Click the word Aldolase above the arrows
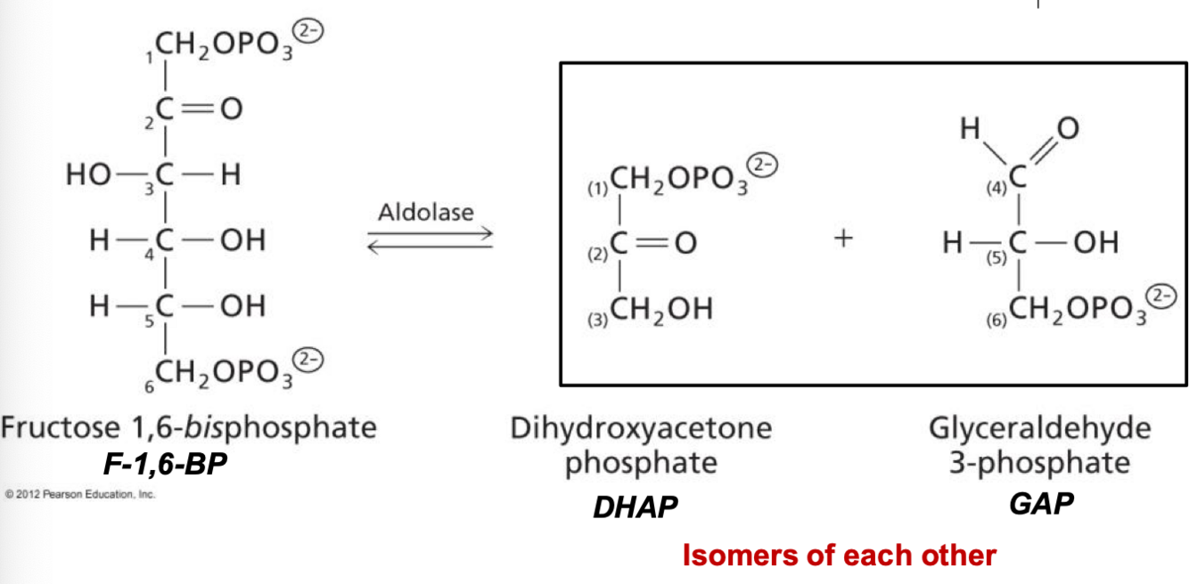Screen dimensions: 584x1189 [426, 213]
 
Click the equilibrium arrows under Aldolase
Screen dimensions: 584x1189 [430, 240]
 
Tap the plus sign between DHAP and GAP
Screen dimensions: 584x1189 [843, 238]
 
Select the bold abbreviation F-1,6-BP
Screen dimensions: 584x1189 [164, 463]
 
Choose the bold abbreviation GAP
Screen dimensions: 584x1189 [1041, 504]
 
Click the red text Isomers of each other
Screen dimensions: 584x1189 [839, 556]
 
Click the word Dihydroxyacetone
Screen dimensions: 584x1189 [641, 428]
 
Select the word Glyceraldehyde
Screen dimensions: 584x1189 [1040, 428]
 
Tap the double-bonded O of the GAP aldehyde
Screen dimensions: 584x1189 [1066, 130]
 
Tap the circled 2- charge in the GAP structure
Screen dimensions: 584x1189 [1165, 296]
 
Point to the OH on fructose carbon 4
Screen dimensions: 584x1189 [242, 240]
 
